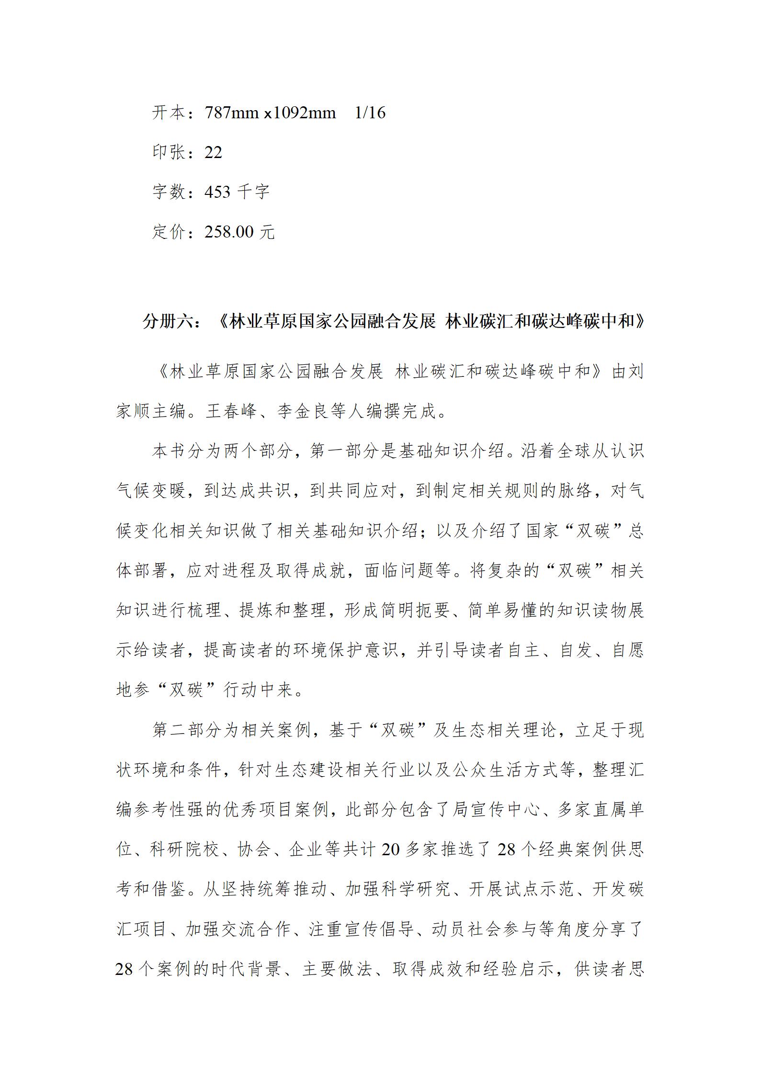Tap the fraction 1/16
pos(370,113)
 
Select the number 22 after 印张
pos(213,153)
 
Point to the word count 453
pos(217,192)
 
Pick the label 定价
pos(169,232)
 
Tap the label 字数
pos(169,192)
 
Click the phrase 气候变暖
pos(151,491)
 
